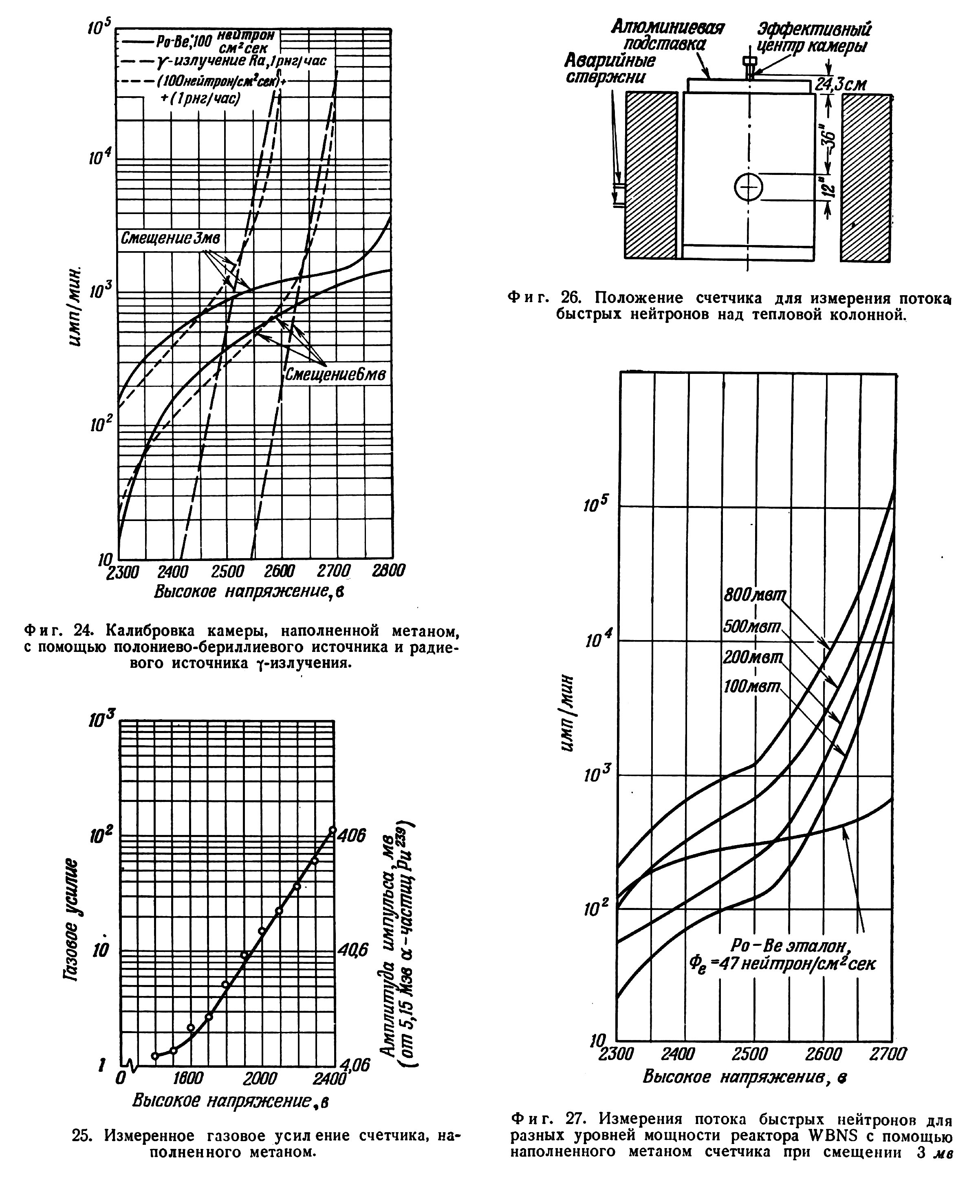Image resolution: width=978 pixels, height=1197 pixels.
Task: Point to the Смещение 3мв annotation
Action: pyautogui.click(x=171, y=239)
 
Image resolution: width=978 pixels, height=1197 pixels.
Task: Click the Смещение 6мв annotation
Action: pyautogui.click(x=336, y=374)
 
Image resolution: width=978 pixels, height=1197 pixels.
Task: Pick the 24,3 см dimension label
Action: pyautogui.click(x=841, y=84)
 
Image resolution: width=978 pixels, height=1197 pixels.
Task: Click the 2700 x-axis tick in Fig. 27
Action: pyautogui.click(x=888, y=1053)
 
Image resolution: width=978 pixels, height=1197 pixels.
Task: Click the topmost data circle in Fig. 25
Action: pyautogui.click(x=333, y=830)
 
